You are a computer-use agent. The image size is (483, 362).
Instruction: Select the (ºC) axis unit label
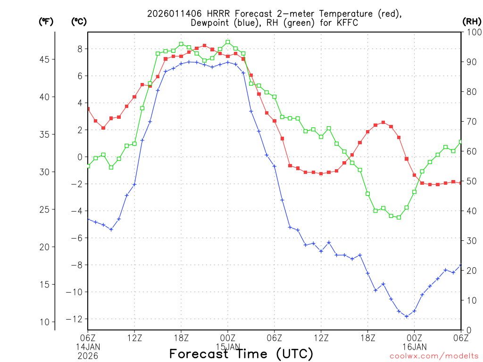point(79,22)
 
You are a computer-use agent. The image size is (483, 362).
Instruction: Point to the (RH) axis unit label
point(471,22)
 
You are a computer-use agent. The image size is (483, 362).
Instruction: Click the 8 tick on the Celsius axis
point(80,49)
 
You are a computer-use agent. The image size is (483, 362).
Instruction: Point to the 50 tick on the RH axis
point(470,181)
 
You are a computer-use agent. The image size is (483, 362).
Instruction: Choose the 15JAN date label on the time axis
point(228,346)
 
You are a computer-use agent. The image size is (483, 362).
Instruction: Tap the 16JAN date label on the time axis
point(415,346)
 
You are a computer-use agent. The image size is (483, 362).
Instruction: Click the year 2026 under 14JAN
point(88,354)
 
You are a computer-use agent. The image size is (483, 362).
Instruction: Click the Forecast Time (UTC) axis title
point(241,354)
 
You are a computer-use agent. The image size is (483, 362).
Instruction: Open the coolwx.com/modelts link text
point(434,356)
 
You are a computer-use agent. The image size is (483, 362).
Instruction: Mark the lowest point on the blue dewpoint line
point(407,316)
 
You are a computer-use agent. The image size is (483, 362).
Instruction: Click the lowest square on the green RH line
point(399,217)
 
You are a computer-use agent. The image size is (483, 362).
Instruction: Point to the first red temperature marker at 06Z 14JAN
point(88,109)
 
